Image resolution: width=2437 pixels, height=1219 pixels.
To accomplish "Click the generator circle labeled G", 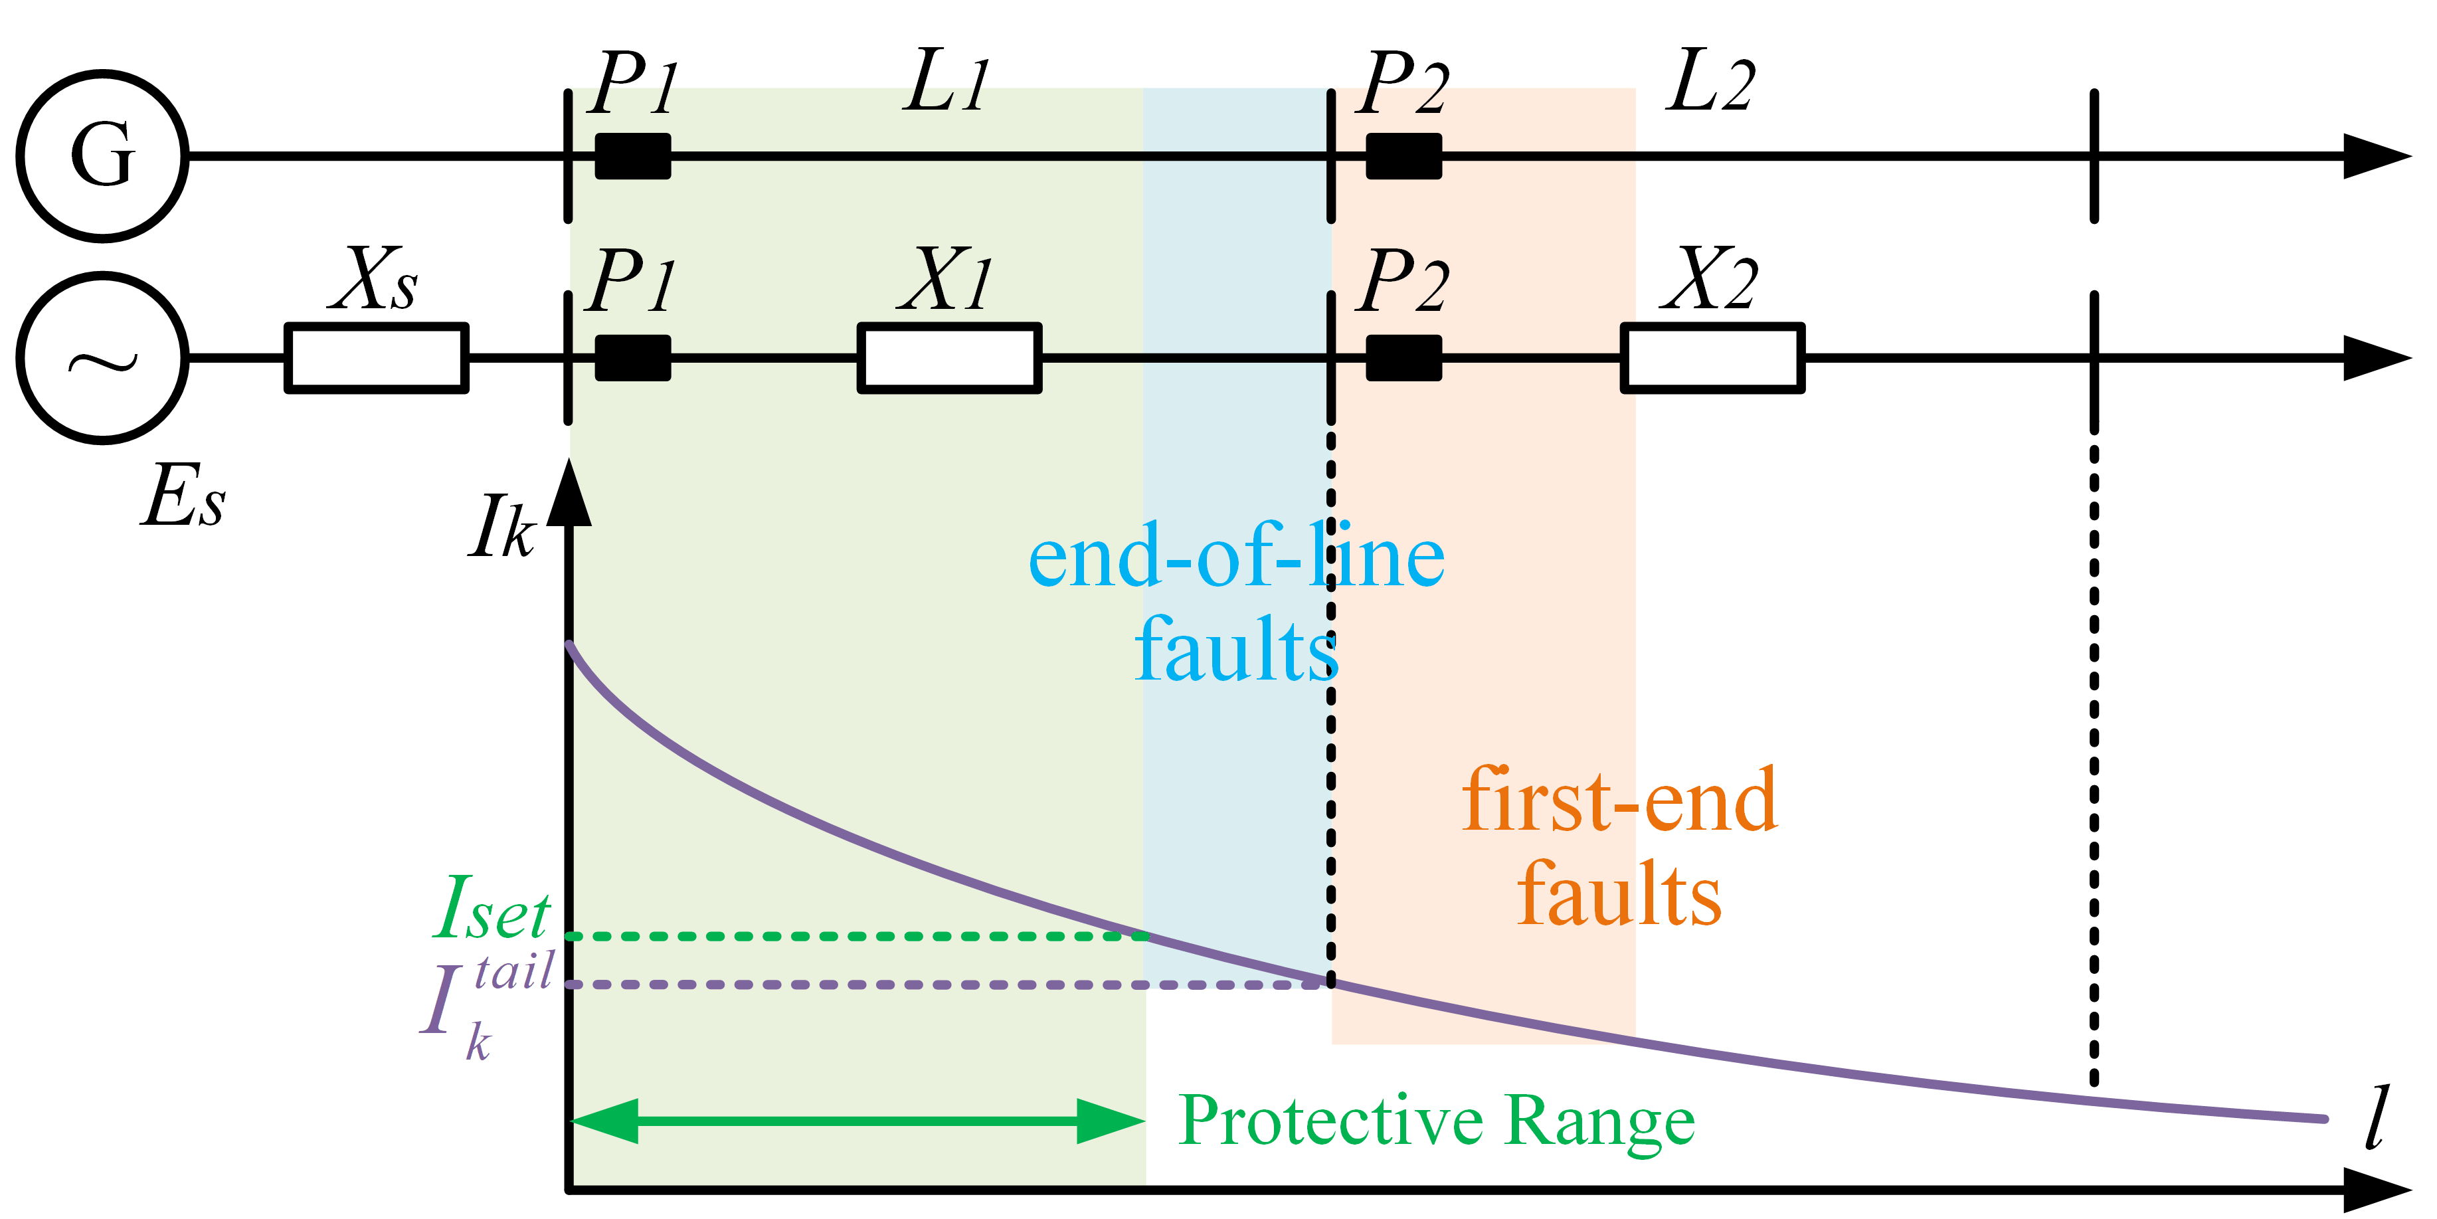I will pos(102,156).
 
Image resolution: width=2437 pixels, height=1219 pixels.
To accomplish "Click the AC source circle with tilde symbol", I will pos(102,358).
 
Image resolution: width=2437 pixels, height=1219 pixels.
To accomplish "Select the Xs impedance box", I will pos(377,358).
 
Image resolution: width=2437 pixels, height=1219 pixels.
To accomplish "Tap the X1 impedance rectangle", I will pos(949,358).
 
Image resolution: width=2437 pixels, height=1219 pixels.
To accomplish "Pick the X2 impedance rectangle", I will pos(1712,358).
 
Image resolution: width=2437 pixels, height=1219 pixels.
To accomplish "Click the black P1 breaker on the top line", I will pos(633,156).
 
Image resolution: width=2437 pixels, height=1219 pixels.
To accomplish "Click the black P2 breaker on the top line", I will pos(1404,156).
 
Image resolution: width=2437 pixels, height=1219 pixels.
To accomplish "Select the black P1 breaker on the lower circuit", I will pos(633,358).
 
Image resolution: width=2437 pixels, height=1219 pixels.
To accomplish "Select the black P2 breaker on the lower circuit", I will pos(1404,358).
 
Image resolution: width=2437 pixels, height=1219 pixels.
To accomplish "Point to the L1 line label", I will pos(946,83).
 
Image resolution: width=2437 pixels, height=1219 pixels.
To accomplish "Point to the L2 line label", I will pos(1710,83).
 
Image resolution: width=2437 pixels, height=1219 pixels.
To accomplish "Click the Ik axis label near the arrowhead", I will pos(501,528).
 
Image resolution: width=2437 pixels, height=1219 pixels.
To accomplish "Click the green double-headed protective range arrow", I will pos(857,1121).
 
